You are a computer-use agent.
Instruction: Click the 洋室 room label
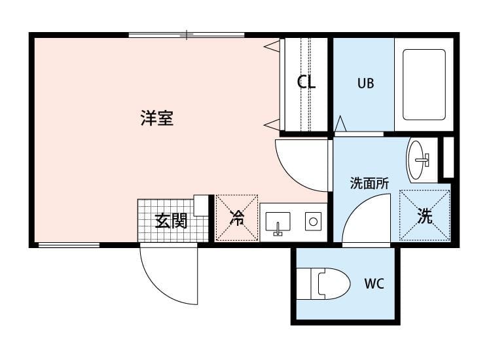click(156, 118)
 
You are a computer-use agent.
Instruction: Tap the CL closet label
click(306, 82)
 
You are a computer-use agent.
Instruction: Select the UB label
click(365, 83)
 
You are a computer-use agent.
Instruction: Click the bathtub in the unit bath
click(424, 84)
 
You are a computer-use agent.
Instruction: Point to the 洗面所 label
click(369, 183)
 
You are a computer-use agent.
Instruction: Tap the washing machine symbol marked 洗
click(425, 215)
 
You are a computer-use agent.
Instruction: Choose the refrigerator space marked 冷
click(237, 217)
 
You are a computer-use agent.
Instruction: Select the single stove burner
click(313, 222)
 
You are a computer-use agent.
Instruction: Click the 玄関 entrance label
click(172, 221)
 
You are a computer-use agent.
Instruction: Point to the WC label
click(374, 283)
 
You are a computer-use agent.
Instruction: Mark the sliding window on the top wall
click(187, 35)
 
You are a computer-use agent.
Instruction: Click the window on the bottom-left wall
click(69, 245)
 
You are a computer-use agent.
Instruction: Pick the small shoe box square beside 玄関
click(201, 206)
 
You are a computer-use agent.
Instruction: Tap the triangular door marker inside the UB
click(340, 124)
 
